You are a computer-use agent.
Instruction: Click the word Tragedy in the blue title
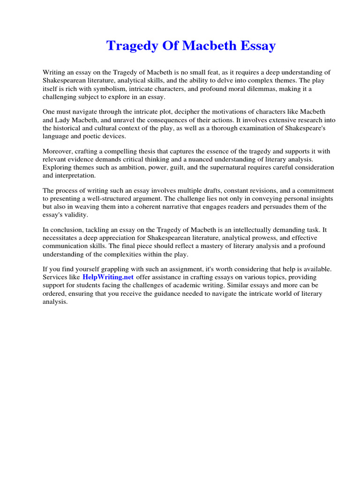pos(130,46)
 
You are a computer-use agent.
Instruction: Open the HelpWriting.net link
pos(108,277)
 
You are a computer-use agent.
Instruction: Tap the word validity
pos(76,215)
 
